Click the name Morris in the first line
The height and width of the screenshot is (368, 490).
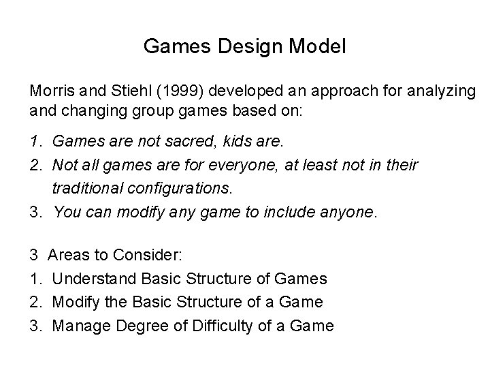50,90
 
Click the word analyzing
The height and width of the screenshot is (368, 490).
438,90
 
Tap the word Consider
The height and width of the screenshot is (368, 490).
149,255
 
